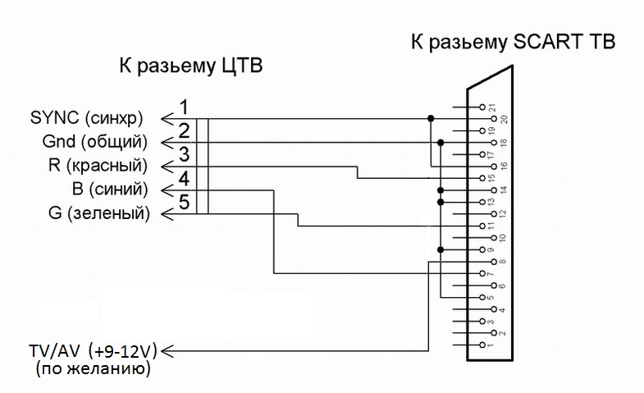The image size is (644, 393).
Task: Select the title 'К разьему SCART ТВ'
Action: (513, 42)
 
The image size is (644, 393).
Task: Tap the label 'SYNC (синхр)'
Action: (90, 117)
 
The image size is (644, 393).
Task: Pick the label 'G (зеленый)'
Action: (99, 214)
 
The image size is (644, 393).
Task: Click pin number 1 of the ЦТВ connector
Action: (185, 107)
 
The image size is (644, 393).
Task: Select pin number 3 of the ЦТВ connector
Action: (185, 154)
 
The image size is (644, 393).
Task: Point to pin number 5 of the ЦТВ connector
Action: (185, 202)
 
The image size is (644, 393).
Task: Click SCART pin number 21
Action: (491, 107)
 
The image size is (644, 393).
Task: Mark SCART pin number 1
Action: (491, 345)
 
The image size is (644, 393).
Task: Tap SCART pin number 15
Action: (491, 178)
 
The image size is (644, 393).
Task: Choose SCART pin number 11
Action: (491, 226)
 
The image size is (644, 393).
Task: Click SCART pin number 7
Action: (491, 274)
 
